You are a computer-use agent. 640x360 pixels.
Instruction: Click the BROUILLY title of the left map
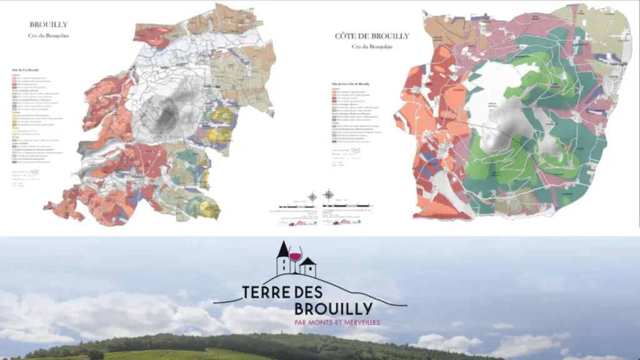click(x=49, y=25)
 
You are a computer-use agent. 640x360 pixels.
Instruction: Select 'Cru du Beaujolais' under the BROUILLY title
click(x=49, y=36)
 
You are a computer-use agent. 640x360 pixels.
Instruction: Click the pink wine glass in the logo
click(x=294, y=255)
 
